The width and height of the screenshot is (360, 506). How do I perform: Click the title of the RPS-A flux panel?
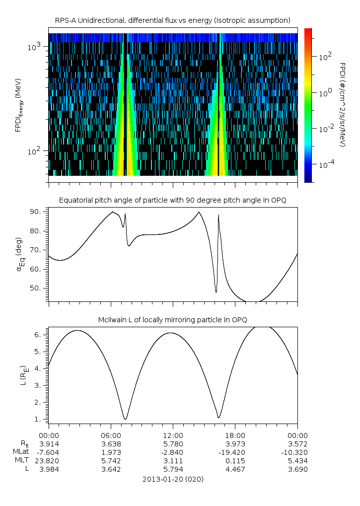click(x=173, y=20)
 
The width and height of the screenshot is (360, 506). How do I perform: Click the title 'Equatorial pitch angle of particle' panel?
click(x=173, y=200)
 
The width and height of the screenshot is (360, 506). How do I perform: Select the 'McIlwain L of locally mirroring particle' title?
click(x=173, y=319)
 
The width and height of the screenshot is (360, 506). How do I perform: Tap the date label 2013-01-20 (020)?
click(x=173, y=479)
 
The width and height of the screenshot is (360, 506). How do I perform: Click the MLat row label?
click(x=21, y=452)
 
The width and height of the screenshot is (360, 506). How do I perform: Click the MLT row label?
click(x=22, y=460)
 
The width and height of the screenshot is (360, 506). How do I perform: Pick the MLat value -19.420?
click(x=235, y=452)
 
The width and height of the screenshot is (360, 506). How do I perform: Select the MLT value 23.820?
click(x=49, y=460)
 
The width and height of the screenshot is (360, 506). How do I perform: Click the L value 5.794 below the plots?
click(x=173, y=469)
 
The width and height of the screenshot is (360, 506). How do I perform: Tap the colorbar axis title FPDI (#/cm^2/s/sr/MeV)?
click(x=342, y=104)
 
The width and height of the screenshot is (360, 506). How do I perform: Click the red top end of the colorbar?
click(x=308, y=31)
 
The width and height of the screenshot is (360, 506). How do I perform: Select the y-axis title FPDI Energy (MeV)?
click(x=19, y=104)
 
